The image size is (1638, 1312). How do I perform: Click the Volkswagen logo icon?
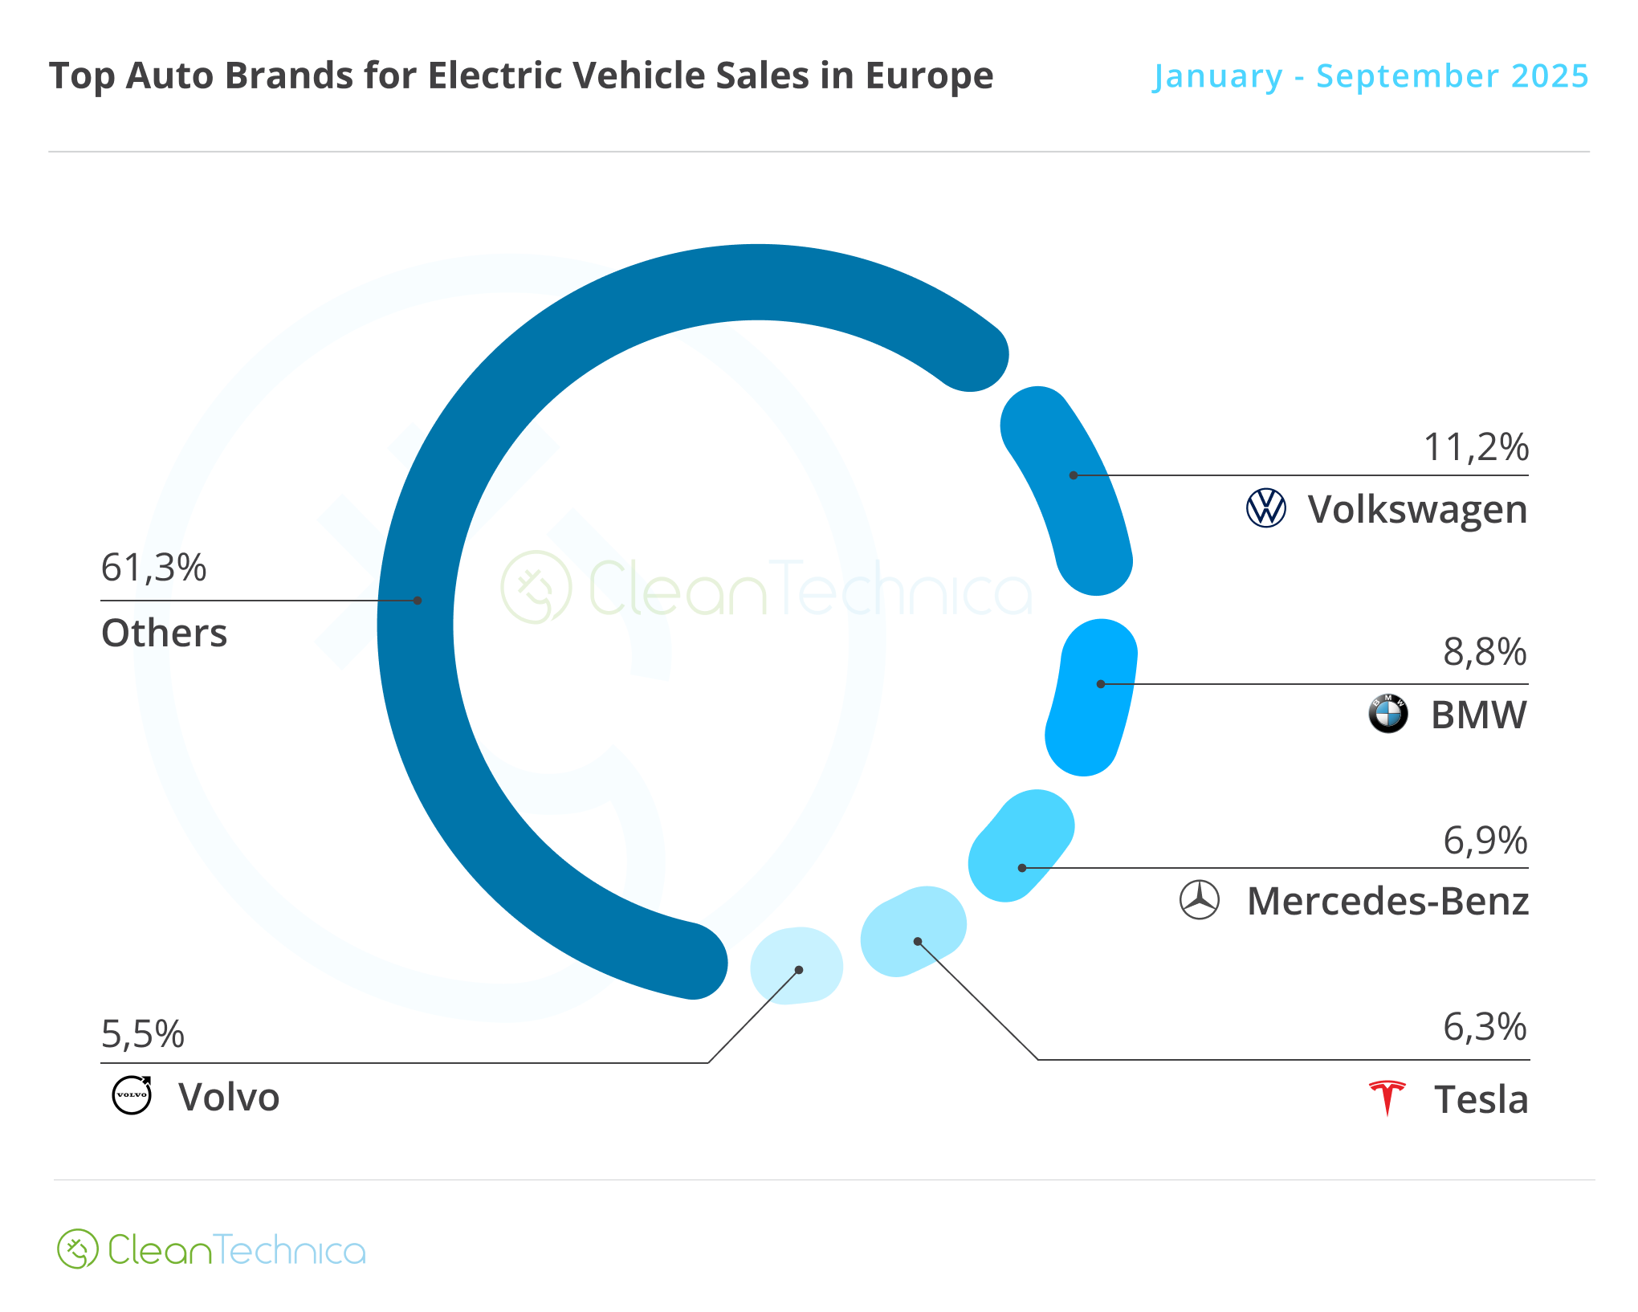click(1265, 508)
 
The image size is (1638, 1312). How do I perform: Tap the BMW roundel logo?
click(1387, 714)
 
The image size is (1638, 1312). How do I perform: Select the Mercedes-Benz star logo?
click(1199, 900)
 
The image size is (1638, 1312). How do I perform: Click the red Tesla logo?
click(1387, 1098)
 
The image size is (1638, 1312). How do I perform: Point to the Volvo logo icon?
click(132, 1095)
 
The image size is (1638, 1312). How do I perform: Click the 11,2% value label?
click(1476, 447)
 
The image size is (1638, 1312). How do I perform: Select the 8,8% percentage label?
click(1485, 652)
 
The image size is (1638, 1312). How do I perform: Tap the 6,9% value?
click(1485, 841)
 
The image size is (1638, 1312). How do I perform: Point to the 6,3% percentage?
click(1485, 1027)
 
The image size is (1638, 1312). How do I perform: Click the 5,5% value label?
click(143, 1034)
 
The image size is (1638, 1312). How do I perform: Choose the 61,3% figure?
click(153, 568)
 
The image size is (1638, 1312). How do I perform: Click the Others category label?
click(164, 633)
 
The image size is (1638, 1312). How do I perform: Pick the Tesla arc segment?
click(914, 931)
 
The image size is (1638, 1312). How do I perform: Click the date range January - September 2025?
click(1371, 76)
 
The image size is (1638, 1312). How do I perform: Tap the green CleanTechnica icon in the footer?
click(77, 1249)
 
